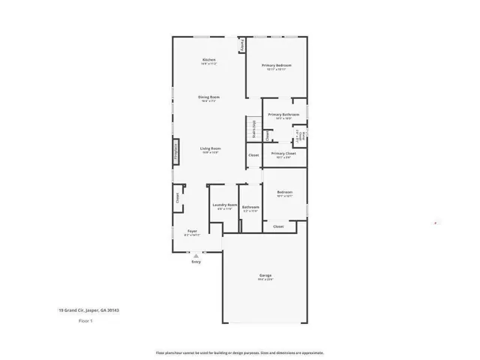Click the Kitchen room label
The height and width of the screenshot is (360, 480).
(x=209, y=60)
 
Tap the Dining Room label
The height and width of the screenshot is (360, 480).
(x=209, y=97)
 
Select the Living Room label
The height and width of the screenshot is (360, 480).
(x=209, y=148)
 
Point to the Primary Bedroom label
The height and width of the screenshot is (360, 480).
(x=277, y=66)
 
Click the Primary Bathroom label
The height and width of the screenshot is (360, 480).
(x=283, y=115)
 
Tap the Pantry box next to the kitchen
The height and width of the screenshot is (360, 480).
(x=242, y=46)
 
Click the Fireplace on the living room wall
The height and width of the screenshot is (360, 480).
(x=176, y=151)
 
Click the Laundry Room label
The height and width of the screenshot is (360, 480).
(x=225, y=205)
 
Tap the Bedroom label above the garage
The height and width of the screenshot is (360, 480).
(x=284, y=193)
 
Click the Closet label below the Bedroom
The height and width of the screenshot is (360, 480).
(x=278, y=226)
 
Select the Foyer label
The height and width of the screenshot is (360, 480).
(x=191, y=232)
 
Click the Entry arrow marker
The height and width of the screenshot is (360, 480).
(x=196, y=256)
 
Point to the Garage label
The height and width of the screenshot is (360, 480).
(x=265, y=276)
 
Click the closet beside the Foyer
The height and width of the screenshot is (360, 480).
(x=178, y=198)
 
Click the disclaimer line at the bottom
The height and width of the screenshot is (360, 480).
(x=239, y=352)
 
